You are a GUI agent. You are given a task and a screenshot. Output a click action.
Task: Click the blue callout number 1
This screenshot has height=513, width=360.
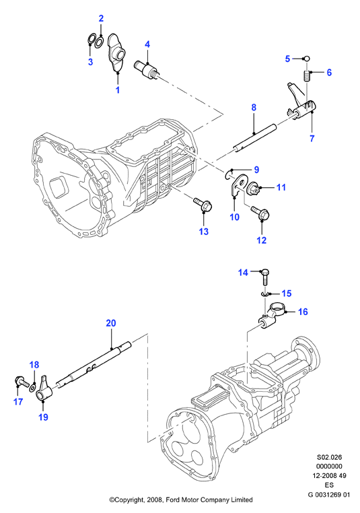pyautogui.click(x=118, y=90)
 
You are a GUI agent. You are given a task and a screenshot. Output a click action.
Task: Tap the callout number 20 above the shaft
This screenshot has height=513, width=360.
pyautogui.click(x=111, y=323)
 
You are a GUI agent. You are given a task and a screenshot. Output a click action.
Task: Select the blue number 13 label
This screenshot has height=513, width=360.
pyautogui.click(x=203, y=232)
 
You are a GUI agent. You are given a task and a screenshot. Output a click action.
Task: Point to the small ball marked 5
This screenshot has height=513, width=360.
pyautogui.click(x=306, y=59)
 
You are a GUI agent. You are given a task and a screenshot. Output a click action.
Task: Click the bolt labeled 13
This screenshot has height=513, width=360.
pyautogui.click(x=203, y=204)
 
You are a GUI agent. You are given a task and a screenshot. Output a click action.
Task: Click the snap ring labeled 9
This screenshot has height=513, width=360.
pyautogui.click(x=229, y=176)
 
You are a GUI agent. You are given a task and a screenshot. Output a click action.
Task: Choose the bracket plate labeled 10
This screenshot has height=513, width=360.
pyautogui.click(x=240, y=186)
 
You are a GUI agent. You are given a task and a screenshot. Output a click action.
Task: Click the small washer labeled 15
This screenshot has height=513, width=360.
pyautogui.click(x=265, y=294)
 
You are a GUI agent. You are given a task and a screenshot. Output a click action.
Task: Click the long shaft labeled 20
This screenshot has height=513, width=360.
pyautogui.click(x=93, y=364)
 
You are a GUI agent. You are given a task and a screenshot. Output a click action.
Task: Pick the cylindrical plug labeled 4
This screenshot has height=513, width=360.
pyautogui.click(x=147, y=68)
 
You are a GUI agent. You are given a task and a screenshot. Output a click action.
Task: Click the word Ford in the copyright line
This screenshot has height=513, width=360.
pyautogui.click(x=173, y=500)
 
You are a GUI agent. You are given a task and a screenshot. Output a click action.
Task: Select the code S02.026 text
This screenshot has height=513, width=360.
pyautogui.click(x=329, y=457)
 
